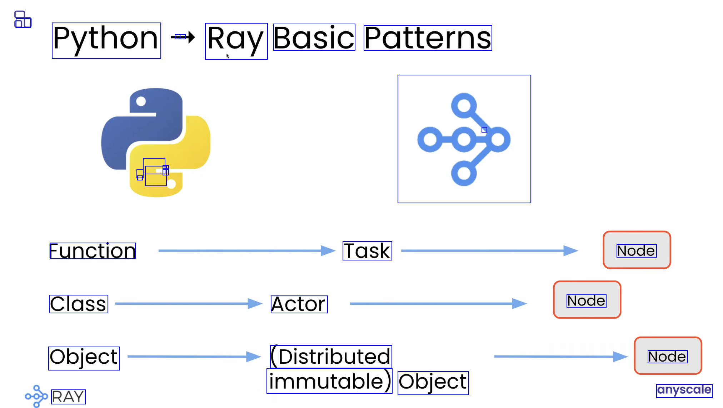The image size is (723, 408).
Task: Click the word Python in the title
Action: [x=106, y=39]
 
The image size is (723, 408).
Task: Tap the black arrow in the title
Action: [x=183, y=37]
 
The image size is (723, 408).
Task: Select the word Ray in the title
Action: [x=236, y=40]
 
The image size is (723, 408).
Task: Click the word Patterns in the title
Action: [x=428, y=38]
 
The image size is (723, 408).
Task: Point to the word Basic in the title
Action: [x=314, y=38]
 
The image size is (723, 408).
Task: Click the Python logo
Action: [x=156, y=142]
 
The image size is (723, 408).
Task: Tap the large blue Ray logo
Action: [x=464, y=139]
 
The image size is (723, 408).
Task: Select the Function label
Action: [x=92, y=250]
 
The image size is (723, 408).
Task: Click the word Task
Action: [x=367, y=250]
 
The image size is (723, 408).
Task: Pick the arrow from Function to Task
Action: [x=246, y=251]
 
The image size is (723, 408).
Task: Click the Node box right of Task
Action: [x=637, y=250]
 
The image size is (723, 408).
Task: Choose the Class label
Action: [x=78, y=304]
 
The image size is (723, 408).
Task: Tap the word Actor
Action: [x=299, y=304]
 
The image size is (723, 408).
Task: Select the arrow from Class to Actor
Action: [x=189, y=304]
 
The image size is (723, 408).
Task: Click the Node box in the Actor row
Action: [x=587, y=300]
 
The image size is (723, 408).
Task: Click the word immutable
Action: [x=329, y=381]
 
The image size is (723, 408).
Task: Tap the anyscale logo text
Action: [x=684, y=390]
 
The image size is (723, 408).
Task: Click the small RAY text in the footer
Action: [x=68, y=397]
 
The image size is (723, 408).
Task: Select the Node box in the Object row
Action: [x=668, y=356]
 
